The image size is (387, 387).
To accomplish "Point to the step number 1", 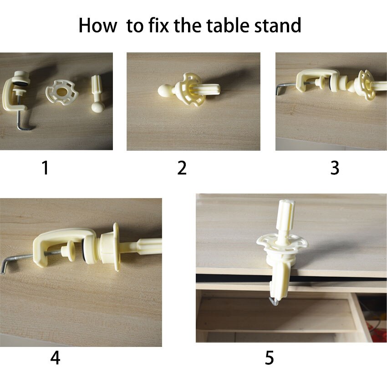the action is (x=45, y=168).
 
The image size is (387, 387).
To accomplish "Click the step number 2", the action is (x=182, y=168).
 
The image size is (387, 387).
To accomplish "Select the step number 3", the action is (x=335, y=168).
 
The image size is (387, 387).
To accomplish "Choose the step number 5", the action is (x=269, y=358).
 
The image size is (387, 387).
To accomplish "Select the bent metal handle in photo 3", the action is (x=286, y=87).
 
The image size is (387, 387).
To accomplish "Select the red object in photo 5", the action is (x=377, y=331).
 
